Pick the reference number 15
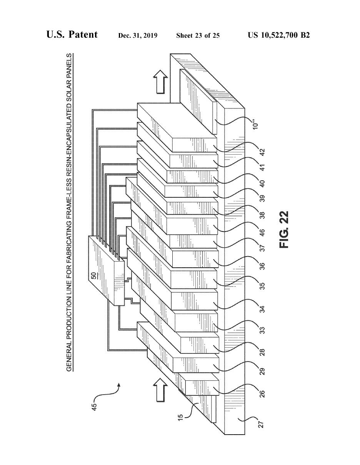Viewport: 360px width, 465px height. coord(181,417)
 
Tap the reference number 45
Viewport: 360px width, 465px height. coord(95,406)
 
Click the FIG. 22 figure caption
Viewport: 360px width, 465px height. coord(283,229)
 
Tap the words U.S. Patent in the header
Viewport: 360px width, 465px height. coord(72,35)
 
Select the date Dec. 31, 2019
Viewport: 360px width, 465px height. coord(138,36)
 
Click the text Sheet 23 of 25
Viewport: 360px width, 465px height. coord(198,36)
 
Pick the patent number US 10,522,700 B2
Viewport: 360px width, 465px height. coord(279,35)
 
